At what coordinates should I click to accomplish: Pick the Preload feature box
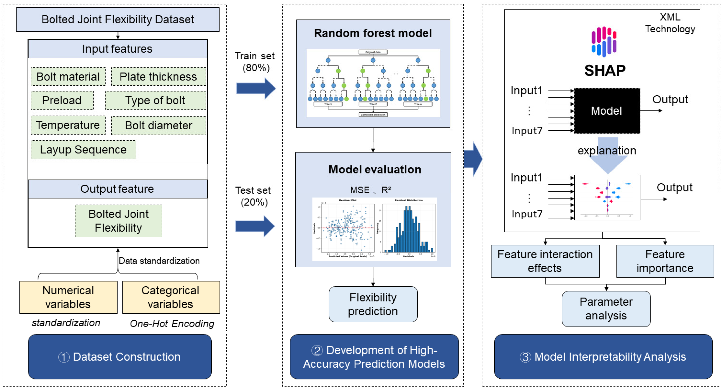62,100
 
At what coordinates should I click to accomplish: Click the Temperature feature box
68,125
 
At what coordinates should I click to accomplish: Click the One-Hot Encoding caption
172,324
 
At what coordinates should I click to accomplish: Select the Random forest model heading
373,33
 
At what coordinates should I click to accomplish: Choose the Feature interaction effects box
545,261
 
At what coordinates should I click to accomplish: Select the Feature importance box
665,261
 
